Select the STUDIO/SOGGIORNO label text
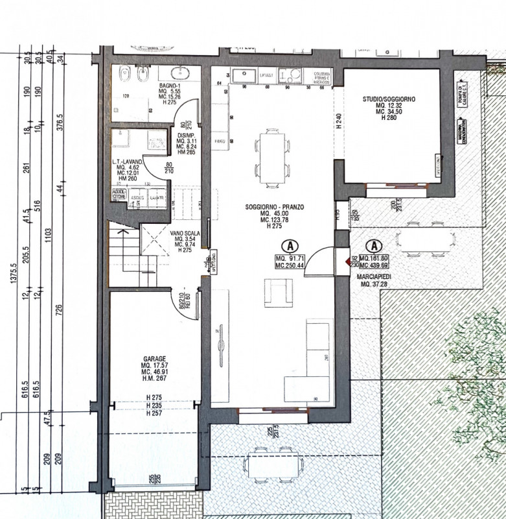pyautogui.click(x=389, y=98)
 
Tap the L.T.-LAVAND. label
pyautogui.click(x=126, y=161)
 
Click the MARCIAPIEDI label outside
pyautogui.click(x=373, y=276)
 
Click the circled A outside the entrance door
pyautogui.click(x=373, y=246)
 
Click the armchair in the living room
pyautogui.click(x=277, y=293)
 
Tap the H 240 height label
pyautogui.click(x=339, y=123)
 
